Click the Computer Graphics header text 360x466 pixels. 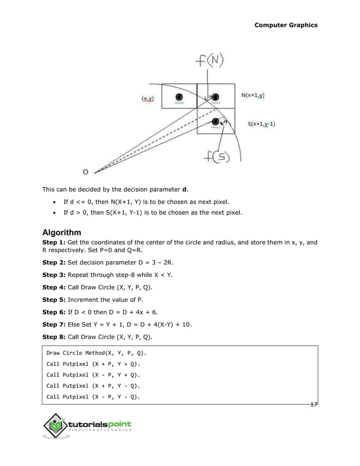coord(286,25)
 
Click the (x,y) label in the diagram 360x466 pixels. coord(148,98)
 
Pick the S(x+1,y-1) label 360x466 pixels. coord(261,124)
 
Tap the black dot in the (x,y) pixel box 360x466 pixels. coord(179,96)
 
